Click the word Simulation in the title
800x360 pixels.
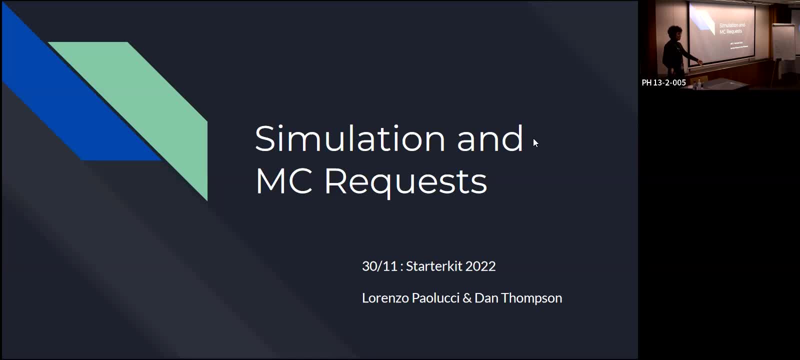[x=349, y=138]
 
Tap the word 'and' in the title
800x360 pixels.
[x=489, y=138]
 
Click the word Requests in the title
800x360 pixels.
[x=405, y=181]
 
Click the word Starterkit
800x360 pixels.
[x=433, y=266]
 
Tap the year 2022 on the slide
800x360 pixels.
[x=480, y=266]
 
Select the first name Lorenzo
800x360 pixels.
[x=385, y=298]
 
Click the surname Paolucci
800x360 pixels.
[x=435, y=298]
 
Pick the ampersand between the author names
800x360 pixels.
[x=467, y=298]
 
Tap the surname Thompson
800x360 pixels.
[x=531, y=298]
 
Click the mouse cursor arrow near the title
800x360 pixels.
[x=535, y=143]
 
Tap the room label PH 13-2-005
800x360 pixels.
[x=663, y=83]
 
